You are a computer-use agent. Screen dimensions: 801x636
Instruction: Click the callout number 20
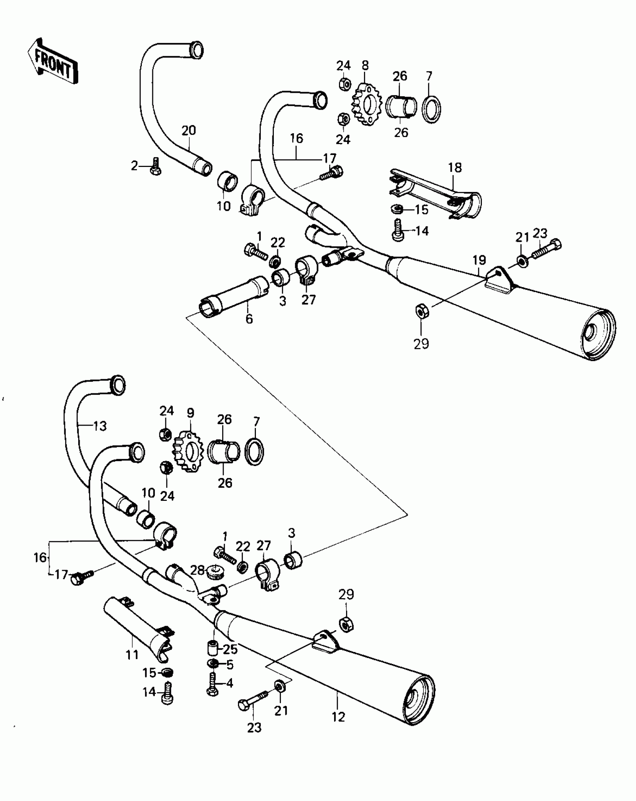189,131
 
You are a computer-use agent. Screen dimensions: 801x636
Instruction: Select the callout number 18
455,167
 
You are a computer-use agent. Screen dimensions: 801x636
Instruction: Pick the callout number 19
479,260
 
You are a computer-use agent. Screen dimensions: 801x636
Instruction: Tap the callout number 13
100,426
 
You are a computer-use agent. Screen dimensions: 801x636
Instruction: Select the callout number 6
249,319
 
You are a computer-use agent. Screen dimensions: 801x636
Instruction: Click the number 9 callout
190,413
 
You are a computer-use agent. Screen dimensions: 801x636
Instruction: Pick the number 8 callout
365,66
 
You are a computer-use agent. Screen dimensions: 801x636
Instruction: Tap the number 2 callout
134,166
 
